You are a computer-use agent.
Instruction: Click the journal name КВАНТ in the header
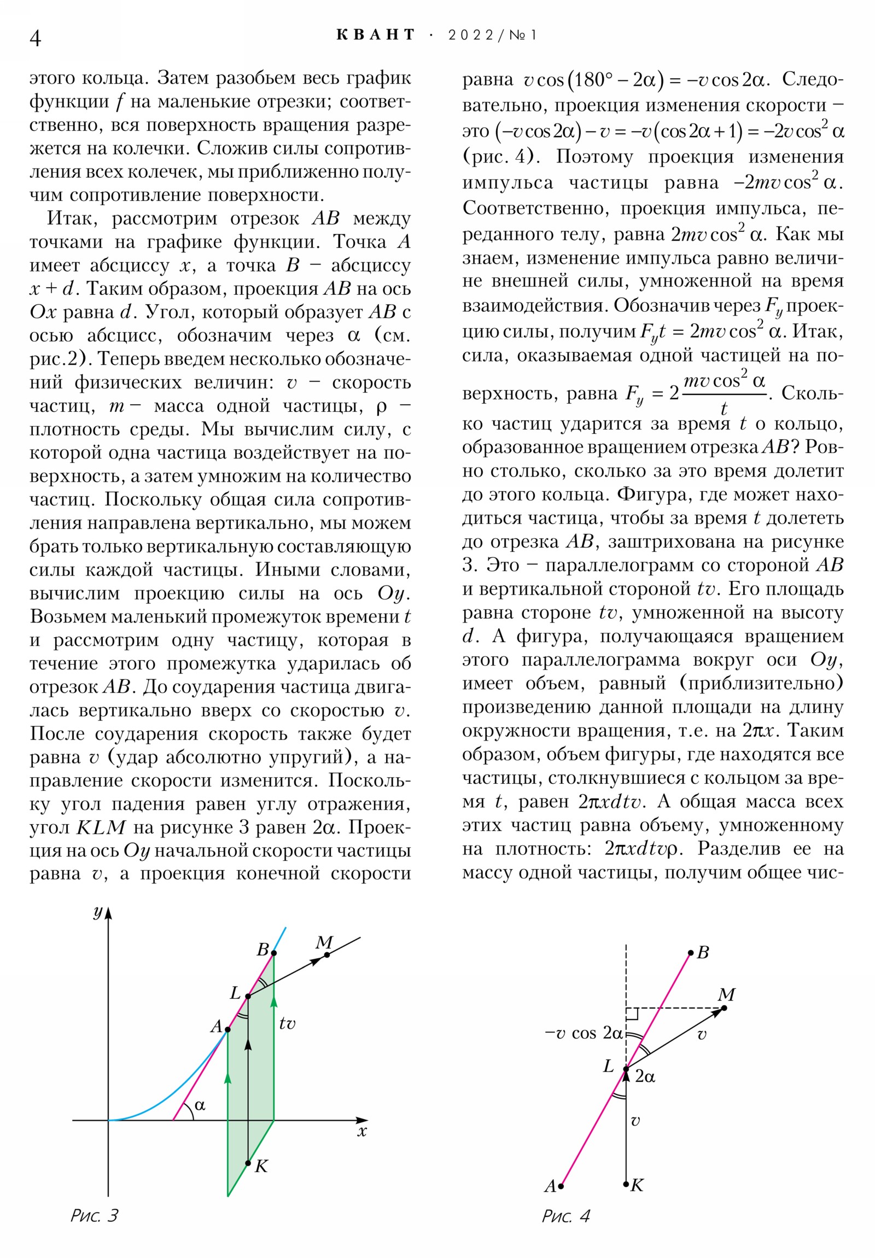(x=376, y=35)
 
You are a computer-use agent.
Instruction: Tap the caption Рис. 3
(x=94, y=1215)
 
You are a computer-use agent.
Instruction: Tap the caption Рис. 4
(x=565, y=1216)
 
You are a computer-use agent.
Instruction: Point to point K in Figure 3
(x=248, y=1163)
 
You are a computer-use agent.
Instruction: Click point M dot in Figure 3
(x=327, y=954)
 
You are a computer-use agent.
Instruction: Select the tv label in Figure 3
(x=287, y=1023)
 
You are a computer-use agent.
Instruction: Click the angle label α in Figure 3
(x=200, y=1105)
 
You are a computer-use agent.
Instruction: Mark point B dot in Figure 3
(x=274, y=953)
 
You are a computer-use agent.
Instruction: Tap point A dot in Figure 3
(x=228, y=1029)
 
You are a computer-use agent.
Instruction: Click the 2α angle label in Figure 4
(x=645, y=1076)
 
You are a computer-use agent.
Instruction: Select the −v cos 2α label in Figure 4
(x=584, y=1033)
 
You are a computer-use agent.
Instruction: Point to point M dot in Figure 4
(x=724, y=1007)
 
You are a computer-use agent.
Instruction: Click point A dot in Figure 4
(x=561, y=1186)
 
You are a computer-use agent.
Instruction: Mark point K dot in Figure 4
(x=626, y=1184)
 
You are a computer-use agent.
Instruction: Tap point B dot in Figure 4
(x=691, y=953)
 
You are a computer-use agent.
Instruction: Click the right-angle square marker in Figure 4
(x=632, y=1014)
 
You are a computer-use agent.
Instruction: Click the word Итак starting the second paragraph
(x=72, y=219)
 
